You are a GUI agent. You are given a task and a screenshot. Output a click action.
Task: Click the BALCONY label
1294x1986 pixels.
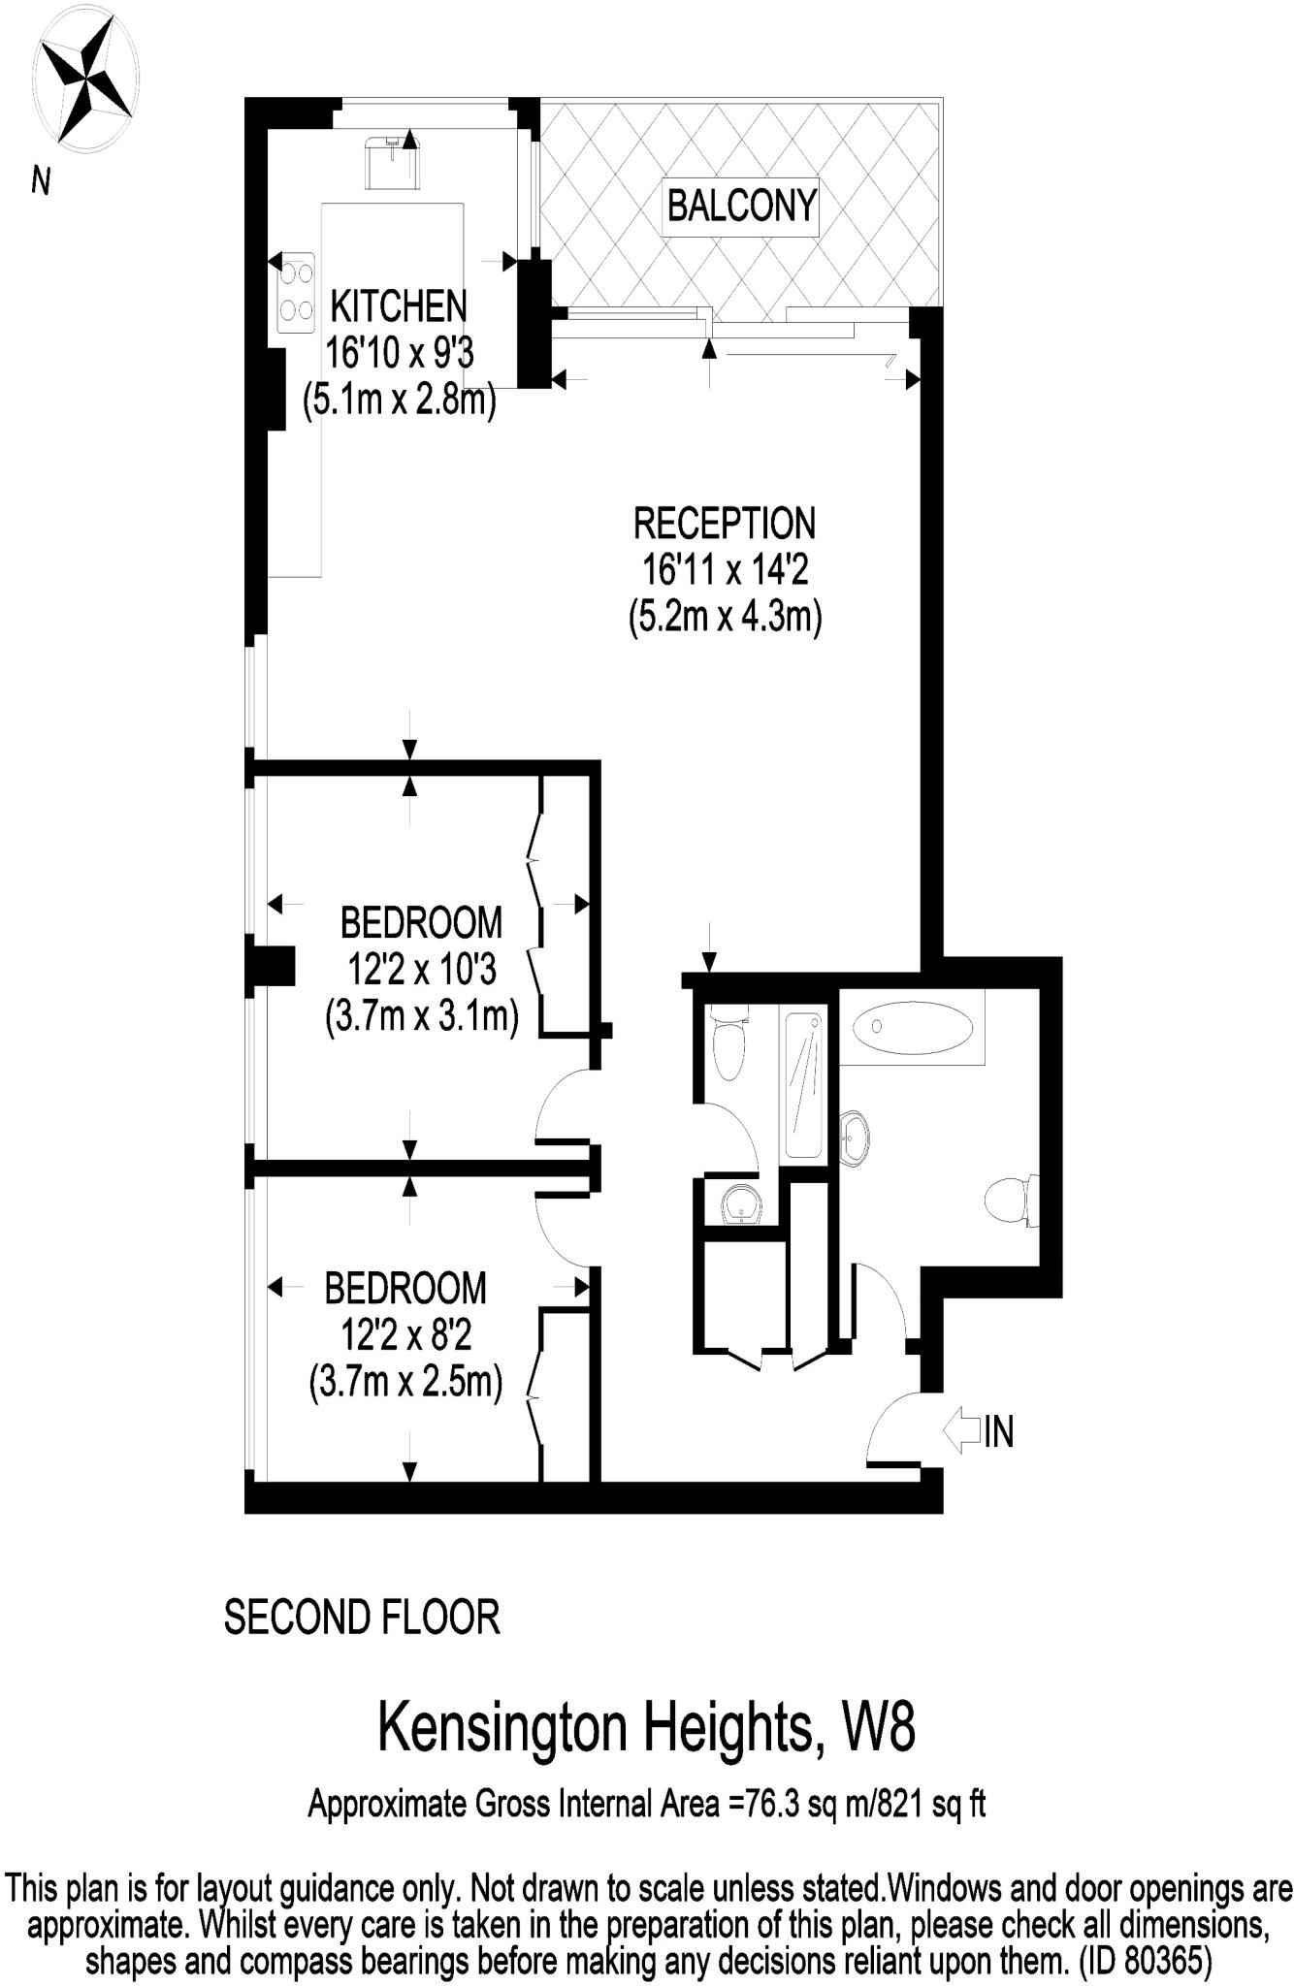pyautogui.click(x=742, y=206)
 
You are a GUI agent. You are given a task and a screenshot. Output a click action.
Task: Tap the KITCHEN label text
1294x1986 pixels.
pyautogui.click(x=399, y=306)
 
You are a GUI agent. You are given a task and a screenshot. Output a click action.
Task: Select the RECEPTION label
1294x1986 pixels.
pyautogui.click(x=725, y=524)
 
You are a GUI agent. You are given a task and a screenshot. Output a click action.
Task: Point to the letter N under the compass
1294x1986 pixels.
pyautogui.click(x=41, y=180)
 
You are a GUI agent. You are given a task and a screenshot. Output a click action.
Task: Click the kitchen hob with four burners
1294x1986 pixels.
pyautogui.click(x=296, y=292)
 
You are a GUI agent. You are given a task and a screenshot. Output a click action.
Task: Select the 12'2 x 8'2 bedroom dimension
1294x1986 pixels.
pyautogui.click(x=405, y=1336)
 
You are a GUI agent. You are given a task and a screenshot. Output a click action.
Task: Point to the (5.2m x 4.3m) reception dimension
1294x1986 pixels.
pyautogui.click(x=725, y=618)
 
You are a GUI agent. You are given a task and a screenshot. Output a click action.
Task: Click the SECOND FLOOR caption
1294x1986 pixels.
pyautogui.click(x=362, y=1617)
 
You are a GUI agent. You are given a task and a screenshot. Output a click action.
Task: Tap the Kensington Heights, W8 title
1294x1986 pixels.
pyautogui.click(x=646, y=1727)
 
